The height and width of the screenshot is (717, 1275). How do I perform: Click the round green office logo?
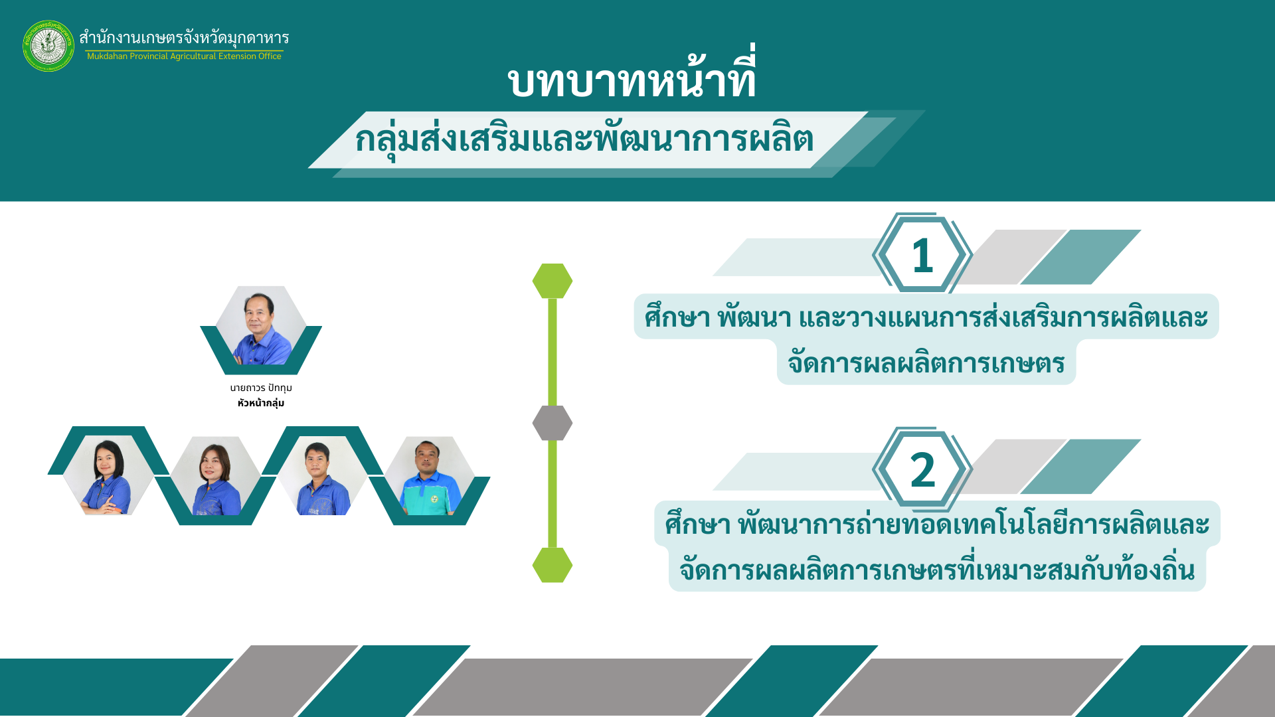pyautogui.click(x=48, y=46)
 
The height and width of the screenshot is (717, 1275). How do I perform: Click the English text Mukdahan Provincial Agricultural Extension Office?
pyautogui.click(x=184, y=56)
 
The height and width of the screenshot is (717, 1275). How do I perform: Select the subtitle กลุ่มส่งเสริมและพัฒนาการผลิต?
pyautogui.click(x=584, y=139)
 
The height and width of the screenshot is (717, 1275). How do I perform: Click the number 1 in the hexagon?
pyautogui.click(x=922, y=256)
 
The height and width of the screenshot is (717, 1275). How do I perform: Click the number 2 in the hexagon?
pyautogui.click(x=922, y=470)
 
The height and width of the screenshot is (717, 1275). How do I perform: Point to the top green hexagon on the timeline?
pyautogui.click(x=552, y=281)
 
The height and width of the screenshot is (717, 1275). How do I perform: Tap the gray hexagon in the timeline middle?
pyautogui.click(x=552, y=423)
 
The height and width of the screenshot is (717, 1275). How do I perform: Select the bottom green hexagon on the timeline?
pyautogui.click(x=552, y=565)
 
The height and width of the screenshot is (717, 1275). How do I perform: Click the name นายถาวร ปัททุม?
pyautogui.click(x=261, y=388)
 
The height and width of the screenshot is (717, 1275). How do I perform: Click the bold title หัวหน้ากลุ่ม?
pyautogui.click(x=261, y=403)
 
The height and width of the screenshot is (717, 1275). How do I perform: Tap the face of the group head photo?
pyautogui.click(x=259, y=311)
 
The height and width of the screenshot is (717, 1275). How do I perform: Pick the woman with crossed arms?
pyautogui.click(x=107, y=475)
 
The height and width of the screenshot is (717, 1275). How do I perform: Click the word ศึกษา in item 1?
pyautogui.click(x=677, y=317)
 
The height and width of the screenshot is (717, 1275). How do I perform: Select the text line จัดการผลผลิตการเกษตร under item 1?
pyautogui.click(x=926, y=363)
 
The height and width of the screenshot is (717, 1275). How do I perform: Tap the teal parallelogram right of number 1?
pyautogui.click(x=1080, y=257)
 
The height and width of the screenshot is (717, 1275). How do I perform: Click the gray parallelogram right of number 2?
pyautogui.click(x=1013, y=466)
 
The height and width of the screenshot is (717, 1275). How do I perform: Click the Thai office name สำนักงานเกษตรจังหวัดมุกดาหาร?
pyautogui.click(x=184, y=37)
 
